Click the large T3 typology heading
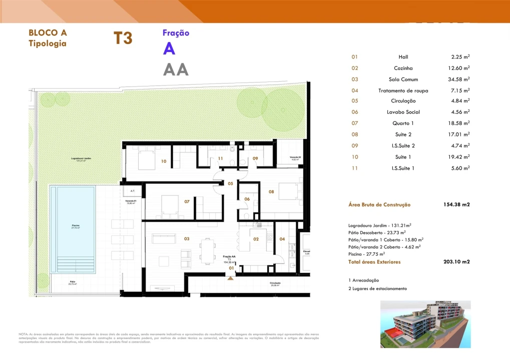click(123, 38)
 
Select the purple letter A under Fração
click(169, 49)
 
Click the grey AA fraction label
click(176, 69)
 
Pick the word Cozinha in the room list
click(403, 68)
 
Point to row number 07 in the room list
click(355, 123)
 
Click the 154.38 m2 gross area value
click(456, 204)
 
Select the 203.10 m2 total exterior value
click(456, 261)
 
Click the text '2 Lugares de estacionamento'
click(377, 288)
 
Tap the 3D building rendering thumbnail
click(425, 324)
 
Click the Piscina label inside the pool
click(73, 226)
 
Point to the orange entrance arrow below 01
click(230, 278)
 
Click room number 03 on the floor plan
click(186, 239)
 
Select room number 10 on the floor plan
click(164, 161)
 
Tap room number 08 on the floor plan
click(271, 191)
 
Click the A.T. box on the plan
click(133, 191)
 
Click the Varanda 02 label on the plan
click(295, 157)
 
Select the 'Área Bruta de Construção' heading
click(379, 204)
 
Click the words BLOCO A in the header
click(48, 33)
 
